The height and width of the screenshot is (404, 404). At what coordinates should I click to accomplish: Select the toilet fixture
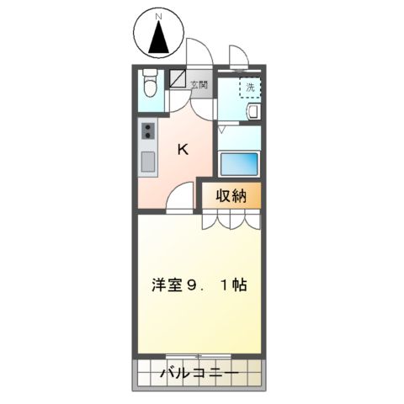click(x=150, y=85)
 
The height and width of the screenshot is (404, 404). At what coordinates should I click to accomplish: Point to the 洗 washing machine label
click(x=249, y=87)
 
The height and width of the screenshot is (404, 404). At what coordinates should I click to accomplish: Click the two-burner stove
click(x=149, y=130)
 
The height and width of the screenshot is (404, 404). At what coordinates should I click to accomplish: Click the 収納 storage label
click(x=230, y=196)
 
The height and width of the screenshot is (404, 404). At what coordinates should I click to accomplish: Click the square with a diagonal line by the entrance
click(x=178, y=79)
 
